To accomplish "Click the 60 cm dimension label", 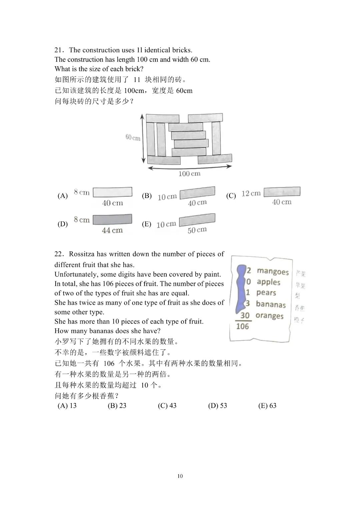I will pos(133,137).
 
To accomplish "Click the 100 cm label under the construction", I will pos(189,174).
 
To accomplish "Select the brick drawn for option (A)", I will pos(112,192).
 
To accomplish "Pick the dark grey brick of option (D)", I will pos(112,219).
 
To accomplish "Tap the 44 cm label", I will pos(112,230).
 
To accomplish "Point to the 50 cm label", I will pos(197,230).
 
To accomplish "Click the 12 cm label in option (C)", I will pos(251,193).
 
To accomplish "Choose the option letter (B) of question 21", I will pos(147,196).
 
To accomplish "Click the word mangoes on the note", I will pos(273,272).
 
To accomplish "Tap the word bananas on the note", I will pos(271,304).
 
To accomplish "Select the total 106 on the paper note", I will pos(242,326).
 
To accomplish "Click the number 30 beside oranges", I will pos(245,315).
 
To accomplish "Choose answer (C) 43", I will pos(167,406).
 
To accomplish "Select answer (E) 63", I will pos(267,406).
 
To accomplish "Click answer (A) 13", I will pos(67,406).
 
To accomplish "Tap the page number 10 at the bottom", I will pos(180,476).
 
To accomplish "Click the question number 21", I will pos(58,50).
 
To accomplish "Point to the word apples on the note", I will pos(268,282).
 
